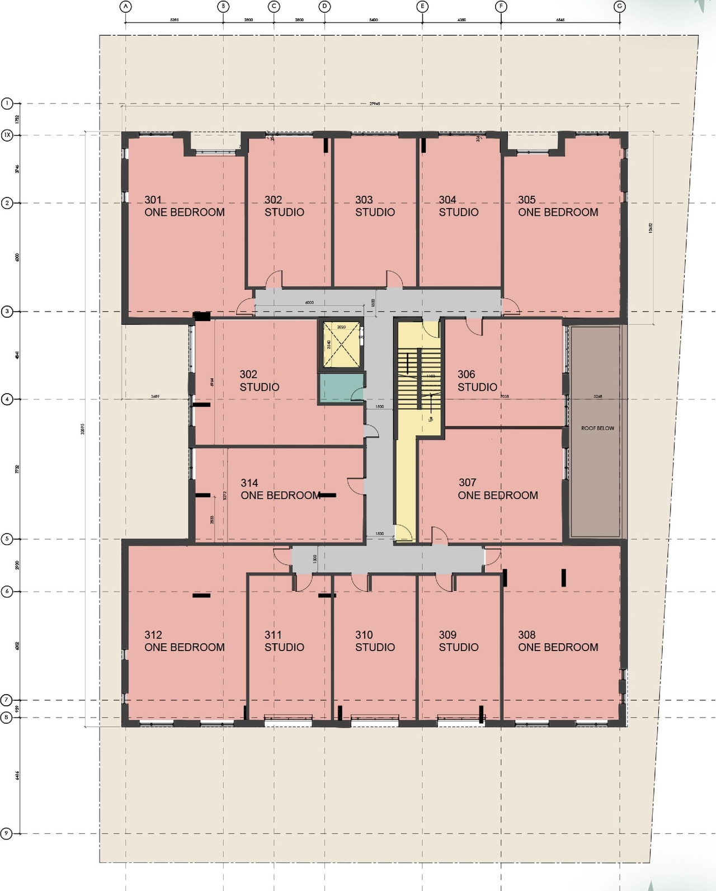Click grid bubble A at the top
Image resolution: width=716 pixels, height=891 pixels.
click(126, 7)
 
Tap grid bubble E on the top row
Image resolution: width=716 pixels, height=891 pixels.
click(422, 7)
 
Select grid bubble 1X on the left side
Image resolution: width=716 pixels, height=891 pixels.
click(7, 135)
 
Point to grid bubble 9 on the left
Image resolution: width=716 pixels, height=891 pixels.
click(7, 833)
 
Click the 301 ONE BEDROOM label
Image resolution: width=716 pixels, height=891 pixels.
click(184, 206)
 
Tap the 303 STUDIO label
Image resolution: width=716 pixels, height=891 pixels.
click(375, 206)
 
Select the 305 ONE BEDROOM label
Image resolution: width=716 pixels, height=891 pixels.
click(558, 206)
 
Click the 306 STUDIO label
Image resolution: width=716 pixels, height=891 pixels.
click(477, 380)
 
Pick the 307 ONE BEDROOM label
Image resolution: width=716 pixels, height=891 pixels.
click(497, 489)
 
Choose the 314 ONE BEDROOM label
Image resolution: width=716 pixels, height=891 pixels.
click(280, 489)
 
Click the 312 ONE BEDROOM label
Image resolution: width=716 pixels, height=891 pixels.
click(184, 641)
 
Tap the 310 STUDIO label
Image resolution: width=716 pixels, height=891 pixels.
click(375, 641)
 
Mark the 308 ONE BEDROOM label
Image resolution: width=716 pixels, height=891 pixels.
click(558, 641)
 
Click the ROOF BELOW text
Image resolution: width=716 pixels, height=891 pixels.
click(597, 428)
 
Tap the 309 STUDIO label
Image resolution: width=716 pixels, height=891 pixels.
click(458, 641)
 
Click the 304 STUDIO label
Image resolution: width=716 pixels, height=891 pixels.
click(458, 206)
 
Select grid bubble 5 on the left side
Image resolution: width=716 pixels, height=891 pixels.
click(7, 539)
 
